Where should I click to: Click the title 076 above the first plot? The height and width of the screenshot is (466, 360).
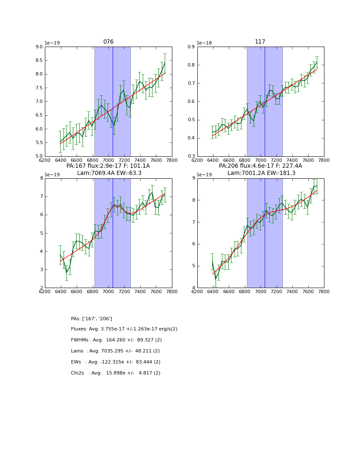(108, 42)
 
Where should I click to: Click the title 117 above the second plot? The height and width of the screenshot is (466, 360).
(260, 42)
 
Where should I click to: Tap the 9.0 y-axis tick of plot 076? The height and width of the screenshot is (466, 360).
(39, 47)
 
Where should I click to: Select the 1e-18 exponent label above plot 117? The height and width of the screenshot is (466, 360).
(205, 43)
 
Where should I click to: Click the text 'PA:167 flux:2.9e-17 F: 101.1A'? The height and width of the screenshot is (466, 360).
(108, 166)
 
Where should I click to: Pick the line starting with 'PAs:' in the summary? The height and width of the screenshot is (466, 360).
(91, 319)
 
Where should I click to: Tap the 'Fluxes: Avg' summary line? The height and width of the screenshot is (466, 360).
(124, 329)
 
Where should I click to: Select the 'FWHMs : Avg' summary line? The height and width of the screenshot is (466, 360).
(116, 340)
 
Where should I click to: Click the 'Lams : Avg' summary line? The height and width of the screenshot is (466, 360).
(115, 351)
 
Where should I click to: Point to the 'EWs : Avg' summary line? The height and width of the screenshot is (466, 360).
(116, 362)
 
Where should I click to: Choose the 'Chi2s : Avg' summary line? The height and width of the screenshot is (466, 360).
(116, 373)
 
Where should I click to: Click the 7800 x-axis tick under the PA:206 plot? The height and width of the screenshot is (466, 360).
(324, 291)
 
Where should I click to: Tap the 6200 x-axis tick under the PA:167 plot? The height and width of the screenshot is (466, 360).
(45, 291)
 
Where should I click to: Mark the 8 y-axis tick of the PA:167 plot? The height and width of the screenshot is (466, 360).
(41, 178)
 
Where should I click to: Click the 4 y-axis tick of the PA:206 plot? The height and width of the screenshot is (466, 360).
(194, 288)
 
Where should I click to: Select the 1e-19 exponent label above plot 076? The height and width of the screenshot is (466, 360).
(53, 43)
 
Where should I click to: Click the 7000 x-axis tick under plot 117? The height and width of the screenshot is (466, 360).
(261, 160)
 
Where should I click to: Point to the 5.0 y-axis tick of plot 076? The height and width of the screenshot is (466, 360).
(39, 156)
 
